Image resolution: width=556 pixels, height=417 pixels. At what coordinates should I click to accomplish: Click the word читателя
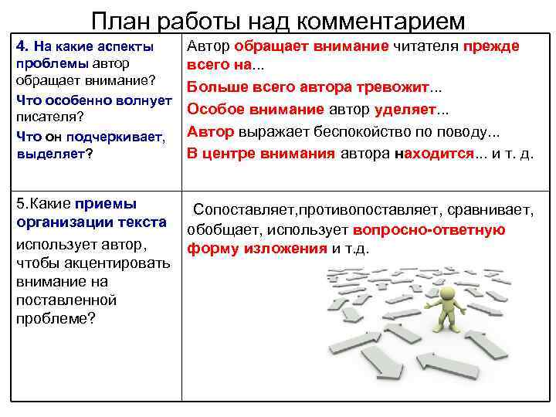[425, 46]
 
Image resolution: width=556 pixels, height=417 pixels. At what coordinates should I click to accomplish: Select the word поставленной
[66, 299]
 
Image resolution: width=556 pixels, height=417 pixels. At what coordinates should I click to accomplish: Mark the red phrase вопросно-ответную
[429, 229]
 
